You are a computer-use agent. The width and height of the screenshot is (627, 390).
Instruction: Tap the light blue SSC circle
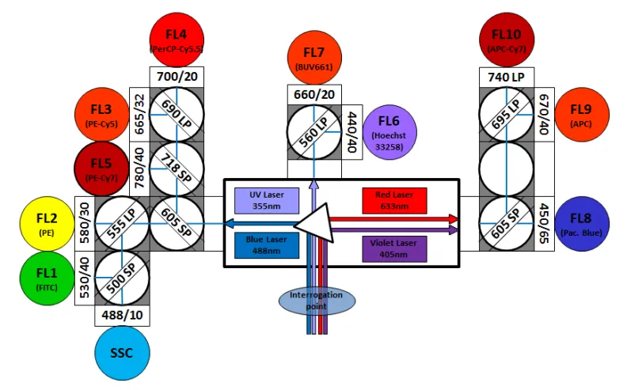tap(121, 352)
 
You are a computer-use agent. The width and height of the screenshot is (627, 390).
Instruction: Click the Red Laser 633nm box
tap(393, 200)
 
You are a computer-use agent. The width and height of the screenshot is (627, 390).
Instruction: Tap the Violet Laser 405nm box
tap(394, 248)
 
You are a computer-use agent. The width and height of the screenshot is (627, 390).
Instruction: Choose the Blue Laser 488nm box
tap(267, 244)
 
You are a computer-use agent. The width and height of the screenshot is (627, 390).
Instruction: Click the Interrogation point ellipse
tap(316, 300)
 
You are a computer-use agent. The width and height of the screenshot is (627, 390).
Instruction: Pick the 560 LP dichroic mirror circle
tap(313, 132)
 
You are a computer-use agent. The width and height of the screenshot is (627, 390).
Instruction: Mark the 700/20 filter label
tap(177, 77)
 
